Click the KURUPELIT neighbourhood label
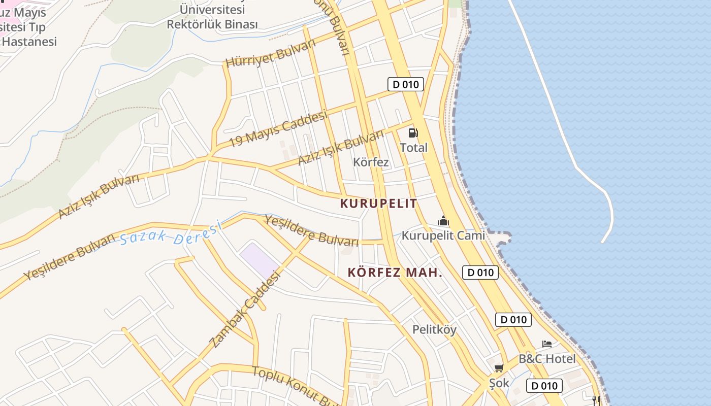[x=378, y=204]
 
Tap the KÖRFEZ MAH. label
[x=395, y=273]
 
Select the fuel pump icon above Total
[x=413, y=133]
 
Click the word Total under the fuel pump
[x=413, y=148]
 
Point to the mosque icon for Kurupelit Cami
[x=443, y=221]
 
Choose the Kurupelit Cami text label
[x=443, y=235]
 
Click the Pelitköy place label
[x=434, y=329]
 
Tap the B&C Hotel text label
[x=547, y=359]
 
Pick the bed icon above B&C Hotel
[x=547, y=345]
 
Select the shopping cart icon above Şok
[x=499, y=368]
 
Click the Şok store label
[x=499, y=383]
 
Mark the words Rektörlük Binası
[x=212, y=24]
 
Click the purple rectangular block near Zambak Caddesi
[x=259, y=259]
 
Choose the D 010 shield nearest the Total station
[x=405, y=84]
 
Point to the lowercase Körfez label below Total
[x=371, y=162]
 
